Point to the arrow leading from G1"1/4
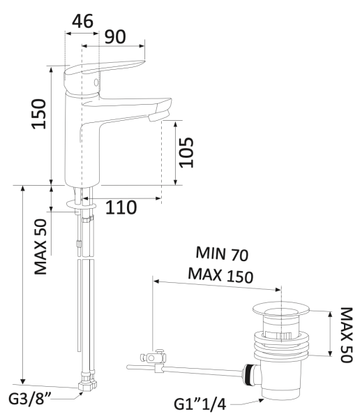pos(244,400)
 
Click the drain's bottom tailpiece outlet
pos(275,392)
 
